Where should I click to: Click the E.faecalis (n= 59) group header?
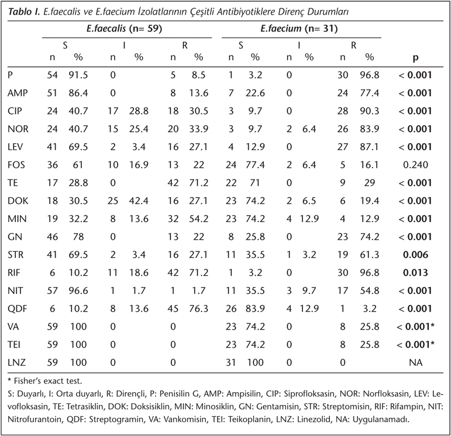tap(124, 29)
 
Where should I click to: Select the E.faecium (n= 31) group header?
tap(299, 29)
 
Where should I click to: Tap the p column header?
tap(415, 58)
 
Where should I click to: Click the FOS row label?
tap(16, 165)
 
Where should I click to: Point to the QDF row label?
tap(18, 309)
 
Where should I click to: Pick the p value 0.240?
tap(415, 165)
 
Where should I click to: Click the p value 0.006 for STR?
tap(415, 255)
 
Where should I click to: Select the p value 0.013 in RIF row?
tap(415, 273)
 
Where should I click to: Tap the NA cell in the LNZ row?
tap(416, 362)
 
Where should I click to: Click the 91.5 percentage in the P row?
tap(78, 75)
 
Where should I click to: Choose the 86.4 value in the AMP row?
tap(78, 93)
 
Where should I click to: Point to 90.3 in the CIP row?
tap(370, 111)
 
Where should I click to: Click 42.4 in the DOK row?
tap(139, 201)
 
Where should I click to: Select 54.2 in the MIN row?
tap(199, 219)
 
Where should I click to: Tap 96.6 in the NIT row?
tap(78, 290)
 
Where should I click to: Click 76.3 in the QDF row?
tap(199, 309)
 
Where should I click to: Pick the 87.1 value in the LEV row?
tap(370, 147)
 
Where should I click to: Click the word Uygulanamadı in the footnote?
tap(381, 419)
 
